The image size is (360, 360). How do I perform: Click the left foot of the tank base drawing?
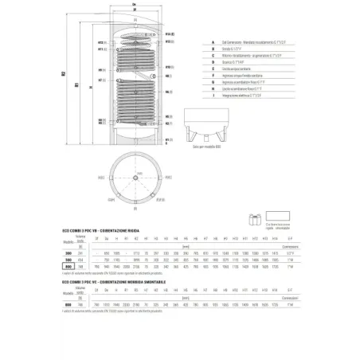(x=191, y=135)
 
